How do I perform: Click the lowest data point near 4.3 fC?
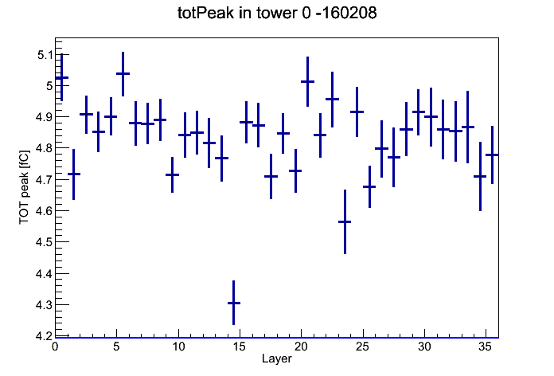pos(233,303)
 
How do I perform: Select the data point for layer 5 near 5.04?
pos(123,73)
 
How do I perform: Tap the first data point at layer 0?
pos(62,77)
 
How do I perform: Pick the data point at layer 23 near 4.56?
pos(345,221)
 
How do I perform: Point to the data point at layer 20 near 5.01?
pos(308,82)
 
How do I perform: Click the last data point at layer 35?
pos(492,155)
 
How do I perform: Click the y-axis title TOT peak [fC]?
pos(24,187)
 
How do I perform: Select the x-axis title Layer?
pos(277,358)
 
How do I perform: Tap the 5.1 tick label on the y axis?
pos(45,55)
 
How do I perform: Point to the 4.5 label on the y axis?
pos(44,242)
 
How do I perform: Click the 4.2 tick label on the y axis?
pos(44,335)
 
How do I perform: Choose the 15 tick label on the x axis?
pos(240,347)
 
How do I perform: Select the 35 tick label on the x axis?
pos(485,347)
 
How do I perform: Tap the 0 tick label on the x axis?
pos(55,347)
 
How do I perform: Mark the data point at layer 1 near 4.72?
pos(74,174)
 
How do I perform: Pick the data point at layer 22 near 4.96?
pos(332,99)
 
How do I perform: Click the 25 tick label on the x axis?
pos(362,347)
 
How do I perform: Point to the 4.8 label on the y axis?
pos(44,148)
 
